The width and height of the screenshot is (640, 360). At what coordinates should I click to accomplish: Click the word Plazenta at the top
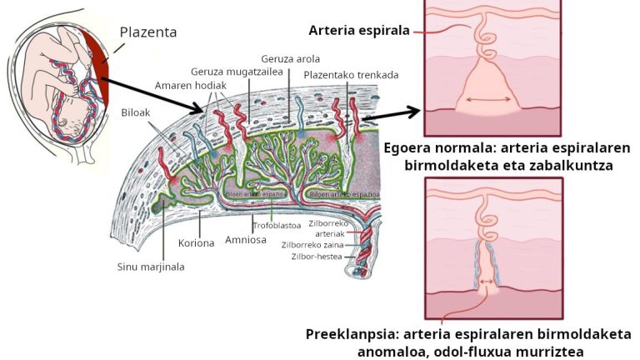point(147,32)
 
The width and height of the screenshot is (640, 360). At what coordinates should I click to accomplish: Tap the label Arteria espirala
point(358,31)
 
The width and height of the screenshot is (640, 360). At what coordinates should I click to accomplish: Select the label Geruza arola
point(290,59)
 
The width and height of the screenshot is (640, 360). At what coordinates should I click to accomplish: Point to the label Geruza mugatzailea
point(231,72)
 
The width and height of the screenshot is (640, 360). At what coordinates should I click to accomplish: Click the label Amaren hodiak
point(191,86)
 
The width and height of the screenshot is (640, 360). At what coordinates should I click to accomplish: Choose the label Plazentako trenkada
point(351,75)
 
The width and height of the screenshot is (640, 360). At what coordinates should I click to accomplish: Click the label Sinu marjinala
point(151,267)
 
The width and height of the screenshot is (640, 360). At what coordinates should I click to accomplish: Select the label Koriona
point(197,243)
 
